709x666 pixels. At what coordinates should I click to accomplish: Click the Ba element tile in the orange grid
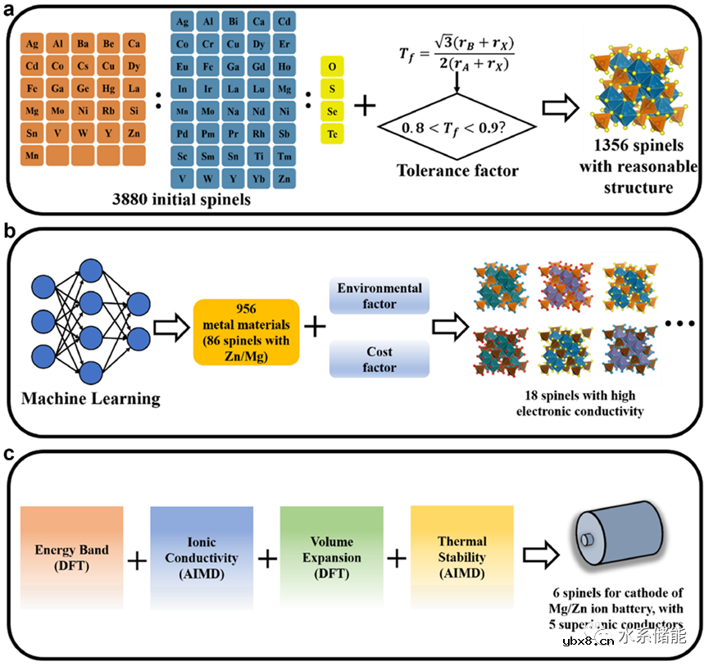[82, 43]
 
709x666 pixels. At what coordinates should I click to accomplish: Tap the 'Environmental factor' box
[379, 296]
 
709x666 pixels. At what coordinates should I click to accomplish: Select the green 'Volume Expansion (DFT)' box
[331, 557]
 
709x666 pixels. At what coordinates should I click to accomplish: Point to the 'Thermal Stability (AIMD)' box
[461, 557]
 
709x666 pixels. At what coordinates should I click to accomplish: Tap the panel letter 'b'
[9, 231]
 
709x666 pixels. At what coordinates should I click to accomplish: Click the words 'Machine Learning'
[92, 399]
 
